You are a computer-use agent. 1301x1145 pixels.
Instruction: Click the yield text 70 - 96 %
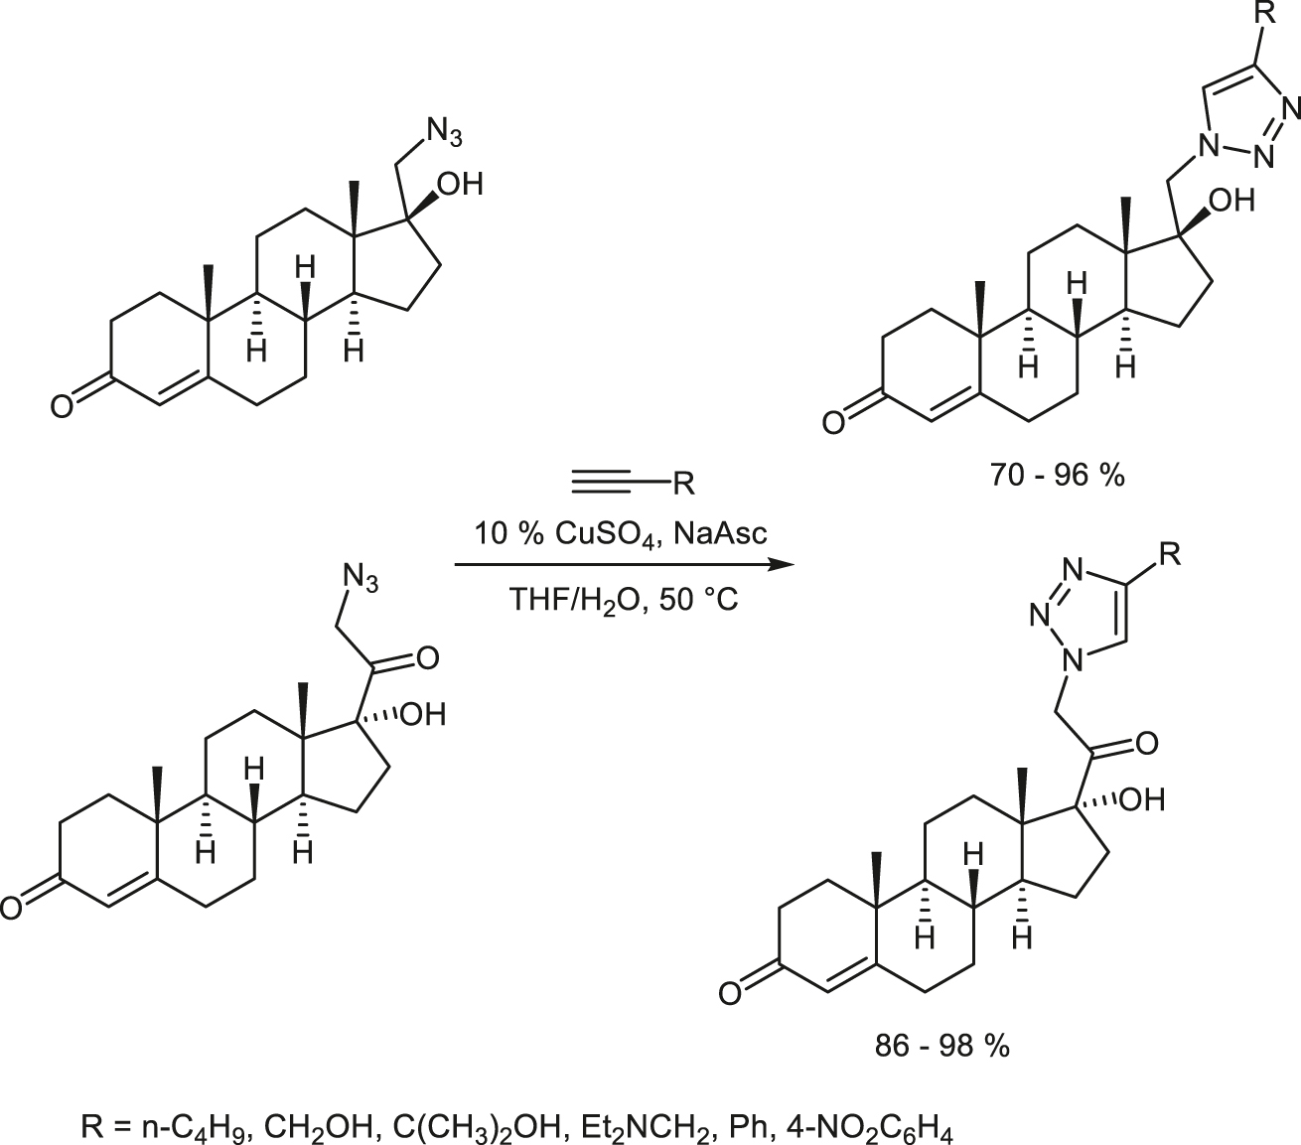pyautogui.click(x=1057, y=476)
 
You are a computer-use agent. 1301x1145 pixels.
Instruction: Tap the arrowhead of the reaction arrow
pyautogui.click(x=783, y=565)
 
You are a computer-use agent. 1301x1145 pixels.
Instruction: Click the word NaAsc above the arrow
pyautogui.click(x=721, y=533)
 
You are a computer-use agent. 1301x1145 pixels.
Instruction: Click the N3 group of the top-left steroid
pyautogui.click(x=444, y=133)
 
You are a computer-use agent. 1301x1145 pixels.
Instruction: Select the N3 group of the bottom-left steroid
pyautogui.click(x=360, y=578)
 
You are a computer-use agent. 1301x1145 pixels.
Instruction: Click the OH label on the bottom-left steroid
pyautogui.click(x=423, y=714)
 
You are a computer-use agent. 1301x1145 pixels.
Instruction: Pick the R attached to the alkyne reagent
pyautogui.click(x=684, y=484)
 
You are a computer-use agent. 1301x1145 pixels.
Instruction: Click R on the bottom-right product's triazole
pyautogui.click(x=1169, y=554)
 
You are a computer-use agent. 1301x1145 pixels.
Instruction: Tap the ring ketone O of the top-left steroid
pyautogui.click(x=62, y=407)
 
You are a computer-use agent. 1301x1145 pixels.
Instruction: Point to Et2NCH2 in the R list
pyautogui.click(x=649, y=1128)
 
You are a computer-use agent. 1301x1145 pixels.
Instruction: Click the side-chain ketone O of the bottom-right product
pyautogui.click(x=1147, y=744)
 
